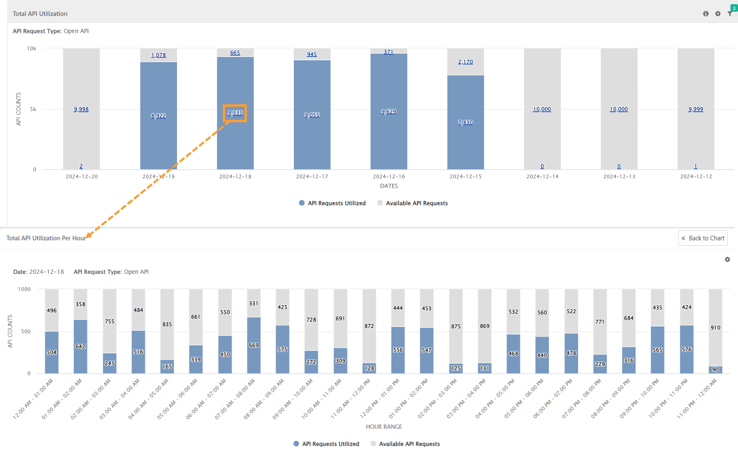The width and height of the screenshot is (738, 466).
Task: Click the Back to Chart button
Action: coord(703,238)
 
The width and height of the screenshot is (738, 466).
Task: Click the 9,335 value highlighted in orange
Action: coord(235,113)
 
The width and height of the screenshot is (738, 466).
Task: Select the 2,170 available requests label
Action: coord(465,62)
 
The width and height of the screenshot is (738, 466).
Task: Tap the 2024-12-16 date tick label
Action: coord(389,177)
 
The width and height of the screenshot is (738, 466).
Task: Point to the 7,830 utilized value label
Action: coord(465,123)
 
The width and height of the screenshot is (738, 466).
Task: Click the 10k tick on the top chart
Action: coord(32,49)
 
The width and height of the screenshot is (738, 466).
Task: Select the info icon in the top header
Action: coord(706,14)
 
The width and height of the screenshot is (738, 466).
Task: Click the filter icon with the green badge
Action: coord(730,13)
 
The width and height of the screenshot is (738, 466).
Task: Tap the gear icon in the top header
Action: coord(718,14)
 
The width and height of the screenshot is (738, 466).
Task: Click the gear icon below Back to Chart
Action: coord(728,260)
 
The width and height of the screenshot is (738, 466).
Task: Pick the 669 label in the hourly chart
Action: coord(254,345)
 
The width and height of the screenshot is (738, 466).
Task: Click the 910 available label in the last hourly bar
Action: coord(715,328)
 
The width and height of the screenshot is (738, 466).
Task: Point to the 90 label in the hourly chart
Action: coord(715,370)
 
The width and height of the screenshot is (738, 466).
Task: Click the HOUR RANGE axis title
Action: coord(384,427)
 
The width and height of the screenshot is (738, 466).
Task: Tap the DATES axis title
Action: coord(389,186)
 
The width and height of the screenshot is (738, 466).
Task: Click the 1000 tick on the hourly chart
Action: coord(24,289)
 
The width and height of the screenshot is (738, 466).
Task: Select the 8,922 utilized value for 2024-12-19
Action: coord(158,116)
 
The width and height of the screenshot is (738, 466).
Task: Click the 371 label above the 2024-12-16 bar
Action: coord(388,52)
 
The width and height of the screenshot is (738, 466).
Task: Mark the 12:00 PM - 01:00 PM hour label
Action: coord(380,399)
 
